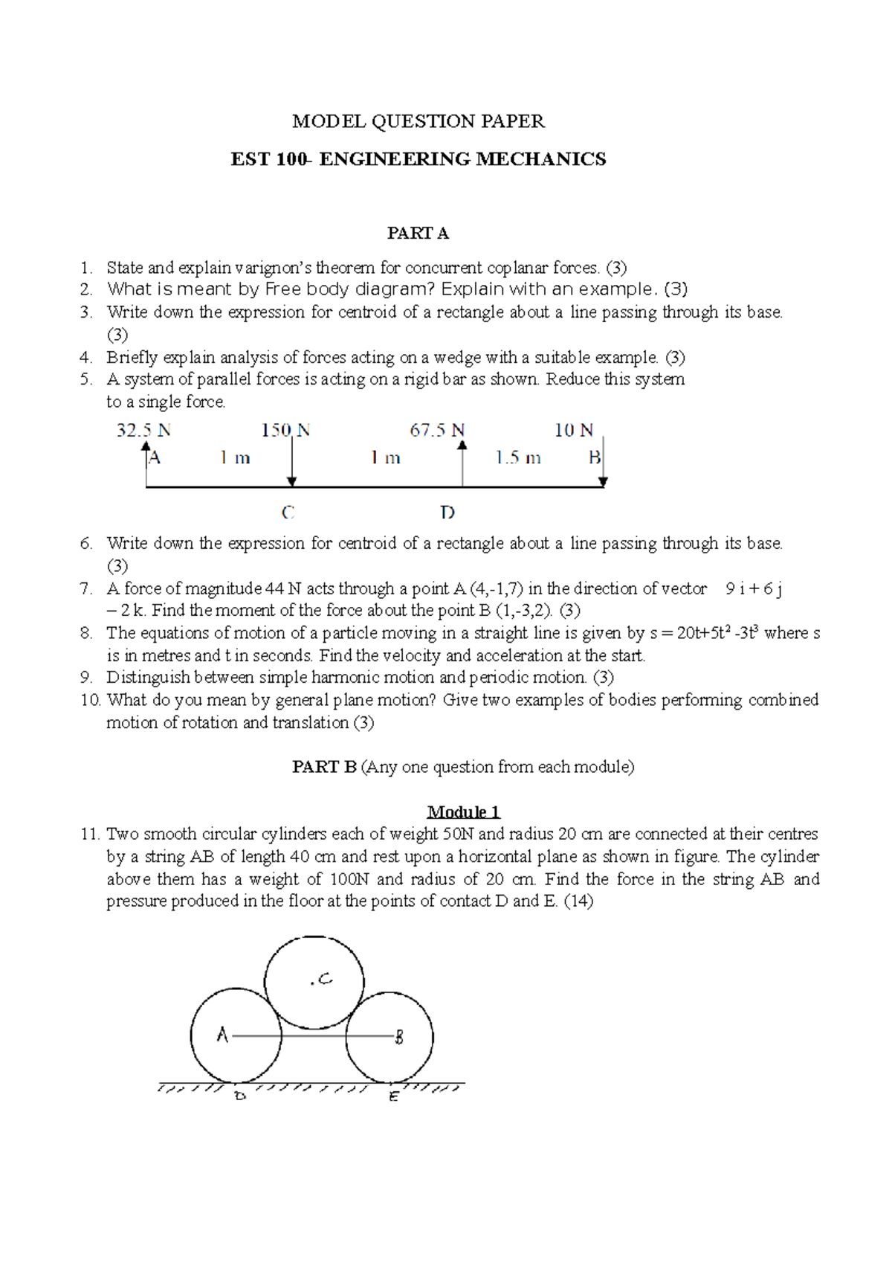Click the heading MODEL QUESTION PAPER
pyautogui.click(x=418, y=121)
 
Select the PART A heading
pyautogui.click(x=418, y=234)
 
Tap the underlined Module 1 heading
pyautogui.click(x=463, y=812)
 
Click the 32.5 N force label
pyautogui.click(x=143, y=430)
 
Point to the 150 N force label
pyautogui.click(x=285, y=430)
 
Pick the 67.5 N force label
pyautogui.click(x=437, y=430)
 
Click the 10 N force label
pyautogui.click(x=574, y=430)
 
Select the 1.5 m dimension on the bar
pyautogui.click(x=518, y=458)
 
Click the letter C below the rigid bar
pyautogui.click(x=288, y=512)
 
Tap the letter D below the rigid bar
pyautogui.click(x=447, y=512)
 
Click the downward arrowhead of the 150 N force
pyautogui.click(x=292, y=481)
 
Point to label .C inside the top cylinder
pyautogui.click(x=321, y=980)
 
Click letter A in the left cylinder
pyautogui.click(x=222, y=1035)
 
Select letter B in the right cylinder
pyautogui.click(x=399, y=1037)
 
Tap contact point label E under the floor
pyautogui.click(x=393, y=1096)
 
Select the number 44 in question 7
pyautogui.click(x=274, y=589)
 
